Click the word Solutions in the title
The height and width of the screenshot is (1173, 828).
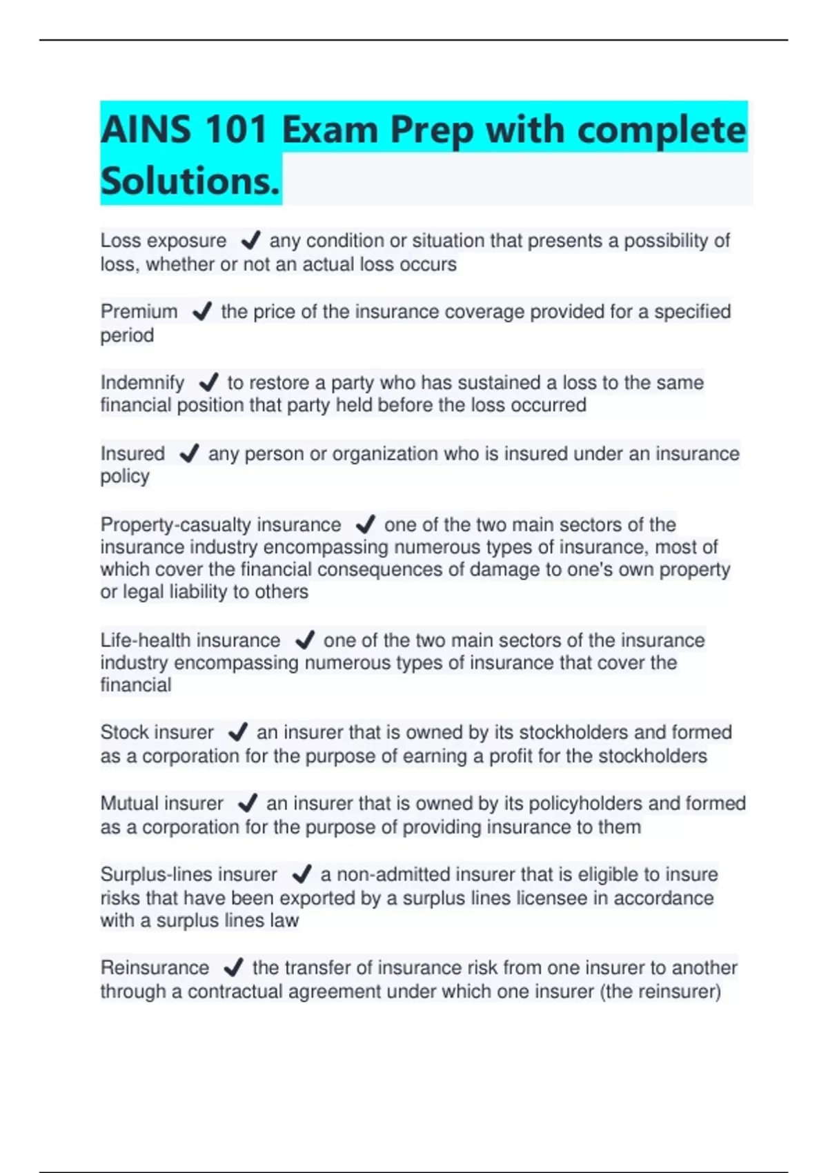tap(190, 181)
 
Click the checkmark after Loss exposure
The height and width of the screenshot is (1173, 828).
tap(250, 240)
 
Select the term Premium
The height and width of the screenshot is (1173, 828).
tap(139, 312)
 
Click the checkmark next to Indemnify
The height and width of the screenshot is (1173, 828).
tap(208, 382)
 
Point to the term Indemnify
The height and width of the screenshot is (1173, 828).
tap(142, 382)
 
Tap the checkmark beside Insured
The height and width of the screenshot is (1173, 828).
tap(188, 453)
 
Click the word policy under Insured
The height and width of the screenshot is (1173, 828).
tap(125, 476)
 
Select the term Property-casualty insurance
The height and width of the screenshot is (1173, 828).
tap(220, 524)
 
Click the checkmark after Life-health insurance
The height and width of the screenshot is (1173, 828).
tap(304, 640)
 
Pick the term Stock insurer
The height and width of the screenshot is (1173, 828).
tap(157, 732)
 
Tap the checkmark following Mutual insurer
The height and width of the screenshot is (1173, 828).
tap(247, 803)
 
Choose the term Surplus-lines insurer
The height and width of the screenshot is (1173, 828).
tap(188, 874)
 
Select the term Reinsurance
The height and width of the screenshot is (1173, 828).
tap(155, 967)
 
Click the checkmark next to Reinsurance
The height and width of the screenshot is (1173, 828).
tap(233, 967)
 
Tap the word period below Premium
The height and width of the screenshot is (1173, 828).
tap(127, 335)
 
